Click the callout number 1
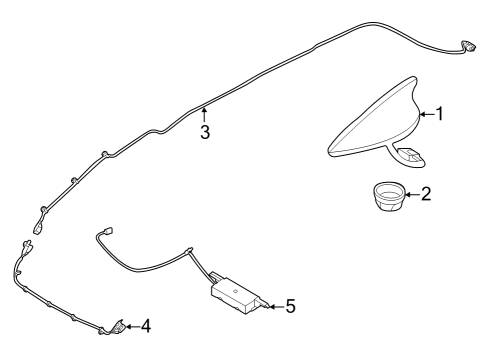[438, 114]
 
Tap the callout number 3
[204, 131]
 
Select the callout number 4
[145, 326]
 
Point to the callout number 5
[290, 305]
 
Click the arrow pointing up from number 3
[203, 113]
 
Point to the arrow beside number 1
[424, 114]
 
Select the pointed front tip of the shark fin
[334, 151]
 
